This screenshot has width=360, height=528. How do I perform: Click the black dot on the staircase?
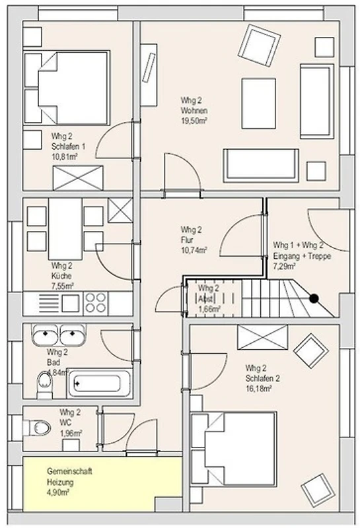(x=314, y=298)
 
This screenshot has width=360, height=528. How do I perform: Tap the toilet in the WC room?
(x=37, y=428)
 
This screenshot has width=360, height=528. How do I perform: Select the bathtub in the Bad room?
(x=99, y=383)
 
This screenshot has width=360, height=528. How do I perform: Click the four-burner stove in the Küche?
(x=96, y=302)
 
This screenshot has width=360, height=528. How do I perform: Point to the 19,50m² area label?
(x=194, y=121)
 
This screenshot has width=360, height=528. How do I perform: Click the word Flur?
(x=187, y=240)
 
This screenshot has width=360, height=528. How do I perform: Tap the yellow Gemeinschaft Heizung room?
(x=102, y=484)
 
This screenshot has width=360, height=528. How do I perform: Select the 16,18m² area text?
(x=258, y=389)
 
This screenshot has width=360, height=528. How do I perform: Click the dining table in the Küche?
(x=65, y=228)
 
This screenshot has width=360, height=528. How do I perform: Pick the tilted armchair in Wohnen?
(x=259, y=46)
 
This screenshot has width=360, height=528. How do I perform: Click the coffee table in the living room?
(x=258, y=104)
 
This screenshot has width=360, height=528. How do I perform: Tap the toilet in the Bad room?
(x=44, y=385)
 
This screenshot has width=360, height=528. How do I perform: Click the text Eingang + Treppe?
(x=302, y=256)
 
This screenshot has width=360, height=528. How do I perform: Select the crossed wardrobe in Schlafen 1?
(x=78, y=178)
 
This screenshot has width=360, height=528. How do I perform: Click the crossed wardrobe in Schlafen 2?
(x=263, y=337)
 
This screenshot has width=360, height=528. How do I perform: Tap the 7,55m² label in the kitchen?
(x=62, y=286)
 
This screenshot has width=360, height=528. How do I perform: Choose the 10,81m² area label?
(x=64, y=156)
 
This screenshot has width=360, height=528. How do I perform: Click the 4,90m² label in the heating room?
(x=58, y=492)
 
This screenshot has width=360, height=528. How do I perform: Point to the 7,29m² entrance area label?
(x=285, y=267)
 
